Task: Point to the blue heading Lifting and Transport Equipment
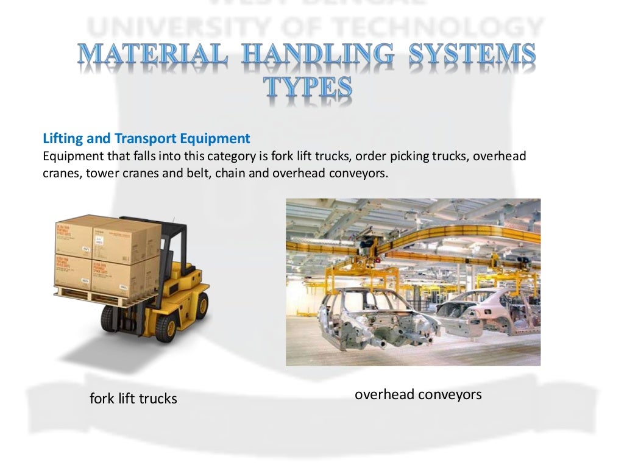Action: pos(146,138)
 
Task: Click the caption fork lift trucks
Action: pos(133,399)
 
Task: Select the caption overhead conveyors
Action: pos(418,395)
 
